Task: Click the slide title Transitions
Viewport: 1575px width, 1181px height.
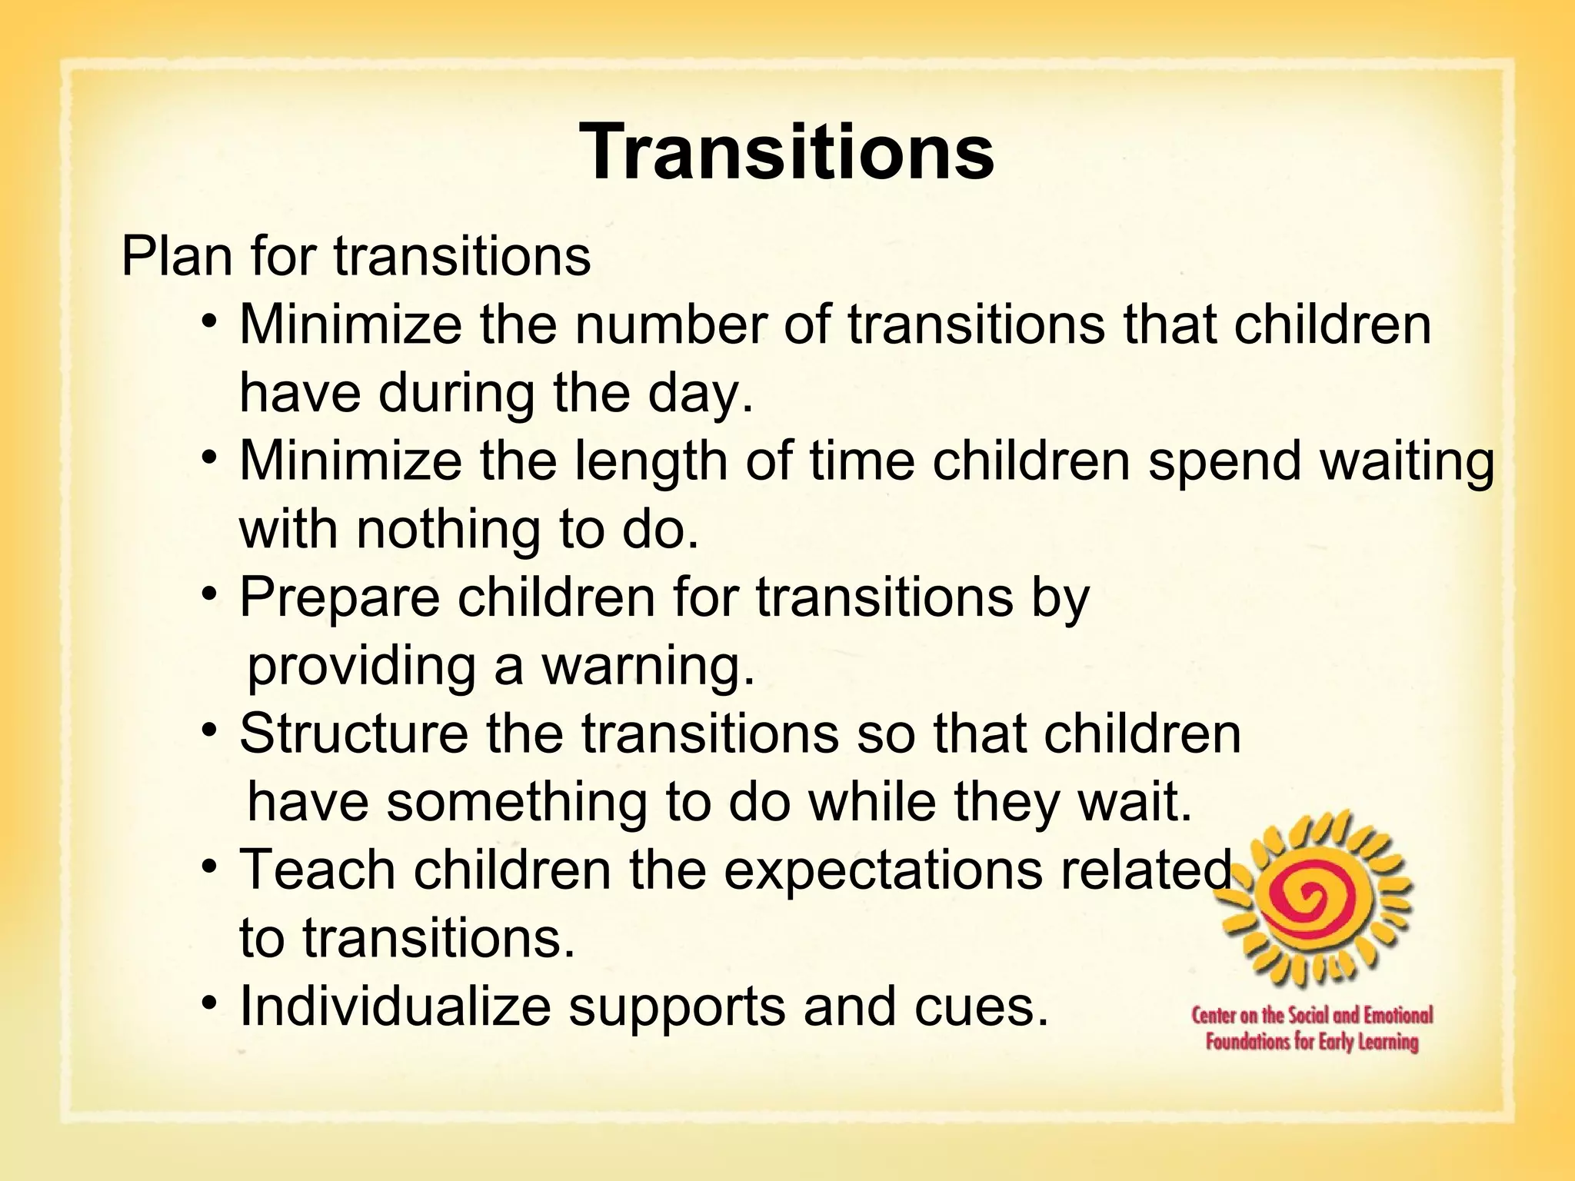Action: [x=787, y=151]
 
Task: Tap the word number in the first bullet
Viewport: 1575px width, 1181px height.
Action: [x=670, y=325]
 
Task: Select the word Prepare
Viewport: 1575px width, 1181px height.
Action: [x=340, y=598]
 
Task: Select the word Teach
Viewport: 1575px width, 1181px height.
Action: [x=318, y=870]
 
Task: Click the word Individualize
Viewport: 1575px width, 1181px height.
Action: [x=395, y=1006]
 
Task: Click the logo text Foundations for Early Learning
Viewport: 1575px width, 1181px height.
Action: [x=1312, y=1043]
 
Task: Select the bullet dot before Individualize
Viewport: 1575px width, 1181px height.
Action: [x=210, y=1003]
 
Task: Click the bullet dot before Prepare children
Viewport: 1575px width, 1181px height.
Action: [x=210, y=594]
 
